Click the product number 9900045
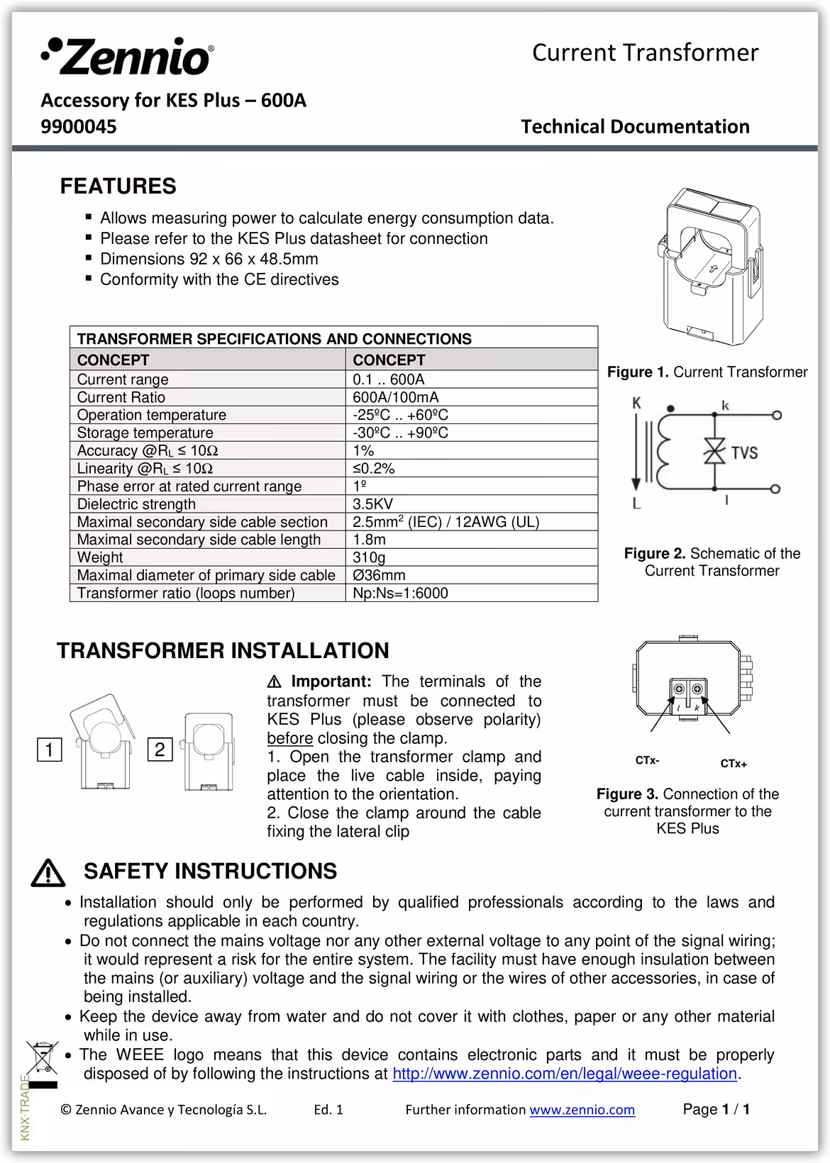(x=79, y=127)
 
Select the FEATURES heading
(x=118, y=187)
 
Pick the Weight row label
(x=100, y=557)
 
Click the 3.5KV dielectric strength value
(x=372, y=504)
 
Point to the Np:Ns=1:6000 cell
(x=400, y=593)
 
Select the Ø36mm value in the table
(x=379, y=575)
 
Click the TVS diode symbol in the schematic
(x=714, y=452)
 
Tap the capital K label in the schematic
(x=636, y=404)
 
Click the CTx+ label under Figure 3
(x=734, y=764)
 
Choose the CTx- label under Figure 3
(x=647, y=760)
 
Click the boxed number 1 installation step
(x=50, y=750)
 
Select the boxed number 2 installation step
(x=160, y=750)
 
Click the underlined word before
(x=289, y=738)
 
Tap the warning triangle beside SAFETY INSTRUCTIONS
(x=48, y=873)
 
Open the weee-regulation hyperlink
(x=564, y=1074)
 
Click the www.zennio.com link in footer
(x=582, y=1110)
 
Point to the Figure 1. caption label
(x=638, y=372)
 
